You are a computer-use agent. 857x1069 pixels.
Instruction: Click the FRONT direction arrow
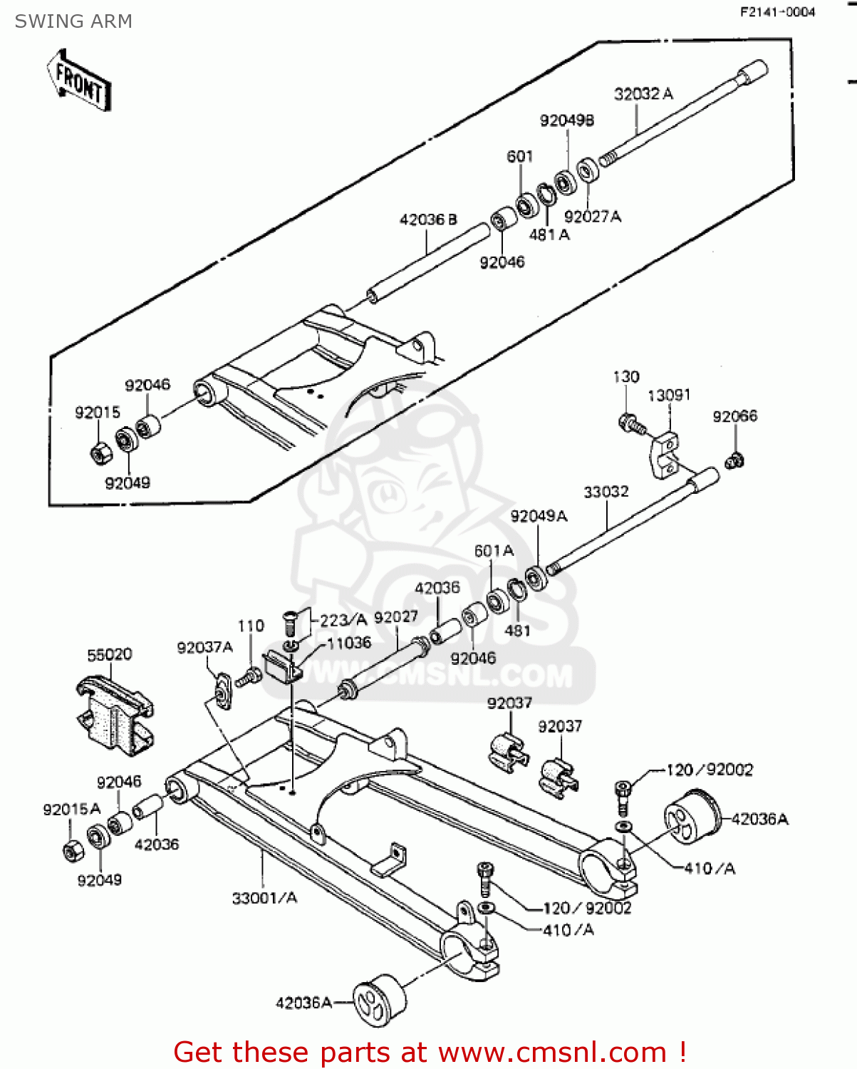[78, 80]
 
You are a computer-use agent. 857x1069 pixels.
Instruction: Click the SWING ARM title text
[73, 21]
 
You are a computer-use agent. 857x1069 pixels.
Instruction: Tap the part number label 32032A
[643, 94]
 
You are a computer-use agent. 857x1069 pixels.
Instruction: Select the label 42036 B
[428, 220]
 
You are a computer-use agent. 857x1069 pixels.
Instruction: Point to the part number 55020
[109, 654]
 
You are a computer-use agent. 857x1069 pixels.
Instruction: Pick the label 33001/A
[264, 898]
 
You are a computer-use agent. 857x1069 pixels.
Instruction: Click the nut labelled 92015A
[72, 850]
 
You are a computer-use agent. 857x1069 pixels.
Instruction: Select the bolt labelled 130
[631, 424]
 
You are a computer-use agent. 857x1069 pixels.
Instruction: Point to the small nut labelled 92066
[734, 461]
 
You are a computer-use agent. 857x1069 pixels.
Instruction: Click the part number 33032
[606, 492]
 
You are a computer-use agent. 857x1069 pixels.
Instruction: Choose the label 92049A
[539, 516]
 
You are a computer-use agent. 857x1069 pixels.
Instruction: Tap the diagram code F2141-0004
[777, 12]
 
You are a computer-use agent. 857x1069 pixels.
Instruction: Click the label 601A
[494, 551]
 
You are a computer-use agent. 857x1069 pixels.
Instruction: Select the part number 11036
[349, 643]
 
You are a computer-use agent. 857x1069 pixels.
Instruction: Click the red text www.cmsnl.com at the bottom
[552, 1052]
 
